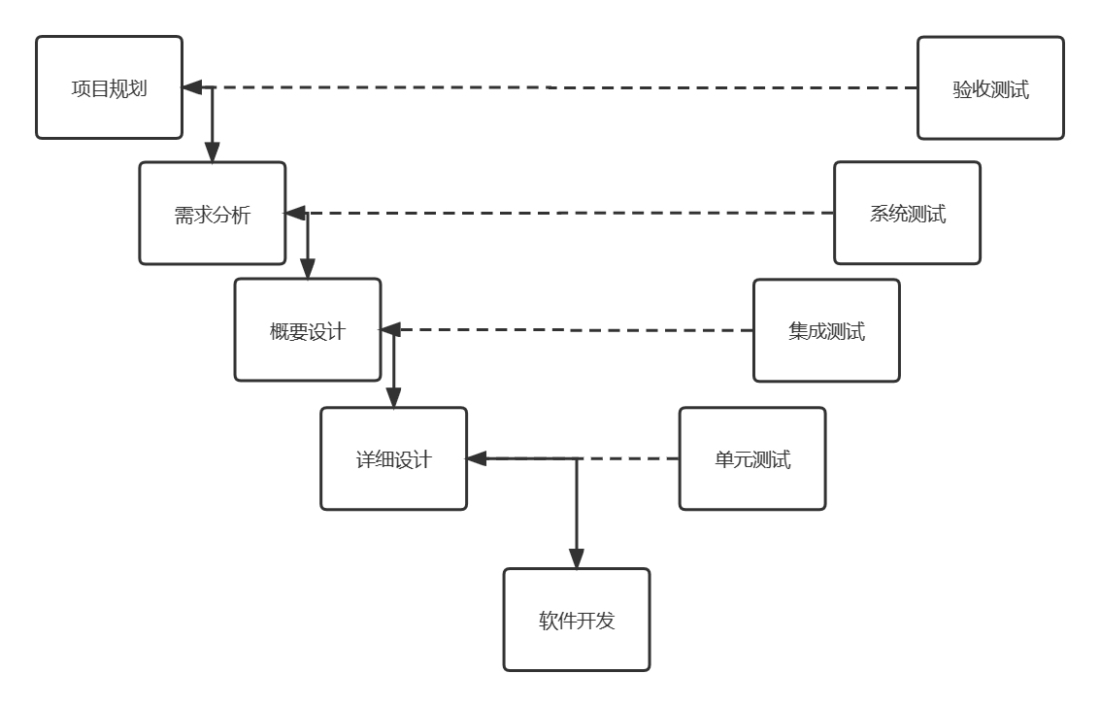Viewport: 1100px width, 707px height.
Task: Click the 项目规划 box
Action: pos(109,87)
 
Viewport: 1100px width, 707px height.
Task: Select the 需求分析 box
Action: pos(213,214)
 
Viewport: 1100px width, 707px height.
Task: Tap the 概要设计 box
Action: pos(308,330)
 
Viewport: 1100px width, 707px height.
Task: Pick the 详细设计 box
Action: pos(394,458)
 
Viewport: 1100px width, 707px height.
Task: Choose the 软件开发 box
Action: pos(577,620)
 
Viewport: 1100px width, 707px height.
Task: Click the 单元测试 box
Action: pos(752,458)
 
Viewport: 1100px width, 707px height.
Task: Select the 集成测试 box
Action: pos(826,330)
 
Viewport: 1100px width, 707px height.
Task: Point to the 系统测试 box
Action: pos(908,214)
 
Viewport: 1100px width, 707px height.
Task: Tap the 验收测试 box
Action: pos(990,88)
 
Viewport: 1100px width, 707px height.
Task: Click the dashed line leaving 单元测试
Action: pos(631,458)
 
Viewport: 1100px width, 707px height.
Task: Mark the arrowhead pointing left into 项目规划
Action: pos(192,87)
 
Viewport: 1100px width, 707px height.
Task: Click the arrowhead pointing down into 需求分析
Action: pos(213,152)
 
